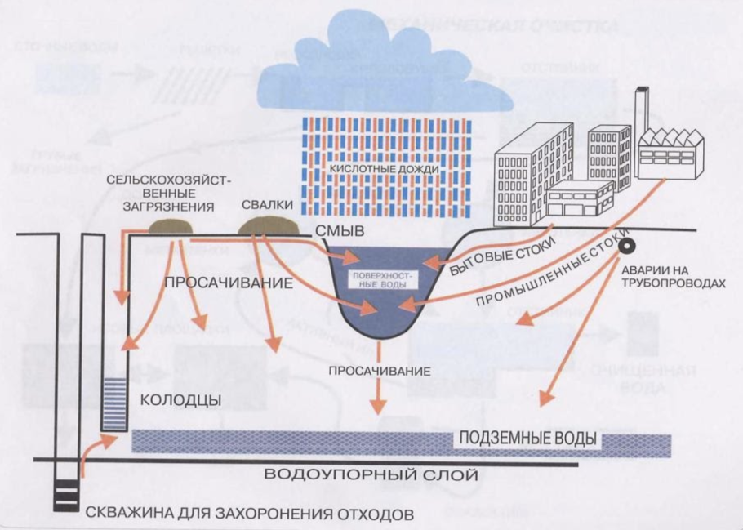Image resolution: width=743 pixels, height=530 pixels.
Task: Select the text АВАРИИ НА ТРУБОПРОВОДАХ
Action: pos(673,274)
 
